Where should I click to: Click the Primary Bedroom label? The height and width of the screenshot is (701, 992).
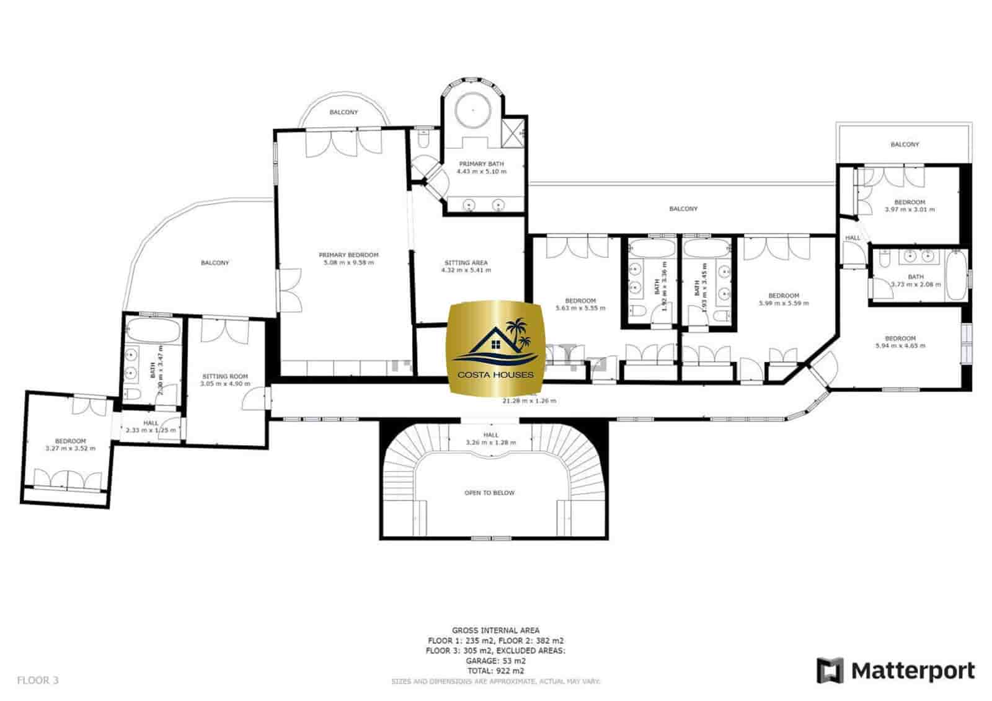(x=348, y=255)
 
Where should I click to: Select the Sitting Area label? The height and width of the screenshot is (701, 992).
(x=466, y=262)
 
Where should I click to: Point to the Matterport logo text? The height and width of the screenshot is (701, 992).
(x=912, y=671)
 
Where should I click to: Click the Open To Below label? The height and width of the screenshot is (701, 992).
(x=489, y=493)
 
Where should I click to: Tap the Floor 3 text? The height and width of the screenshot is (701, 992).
(x=37, y=680)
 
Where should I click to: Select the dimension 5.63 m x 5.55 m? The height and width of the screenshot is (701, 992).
(x=580, y=308)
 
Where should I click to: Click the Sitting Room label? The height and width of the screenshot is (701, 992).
(x=225, y=376)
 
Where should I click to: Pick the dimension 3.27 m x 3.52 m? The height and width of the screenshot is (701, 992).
(x=70, y=448)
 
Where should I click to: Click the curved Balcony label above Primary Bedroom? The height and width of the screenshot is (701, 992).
(x=343, y=112)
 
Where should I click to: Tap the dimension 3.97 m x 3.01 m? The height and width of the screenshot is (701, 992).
(x=910, y=209)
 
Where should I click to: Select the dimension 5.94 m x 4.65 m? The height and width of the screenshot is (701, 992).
(x=900, y=346)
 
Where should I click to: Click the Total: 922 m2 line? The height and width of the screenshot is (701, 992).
(x=495, y=671)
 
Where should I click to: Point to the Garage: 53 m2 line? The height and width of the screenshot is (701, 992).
(x=495, y=661)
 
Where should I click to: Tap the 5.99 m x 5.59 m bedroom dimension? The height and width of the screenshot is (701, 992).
(x=784, y=304)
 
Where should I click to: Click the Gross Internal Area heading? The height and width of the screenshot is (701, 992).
(x=495, y=630)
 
